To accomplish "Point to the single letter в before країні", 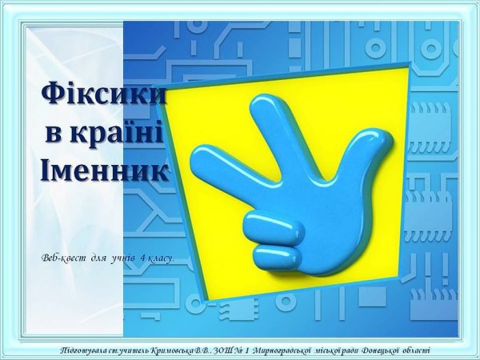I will [x=56, y=132].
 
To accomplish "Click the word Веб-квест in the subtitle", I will [x=63, y=259].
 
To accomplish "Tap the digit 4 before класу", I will [x=142, y=259].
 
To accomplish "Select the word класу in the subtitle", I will [x=160, y=259].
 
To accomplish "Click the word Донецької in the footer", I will [x=375, y=350].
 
